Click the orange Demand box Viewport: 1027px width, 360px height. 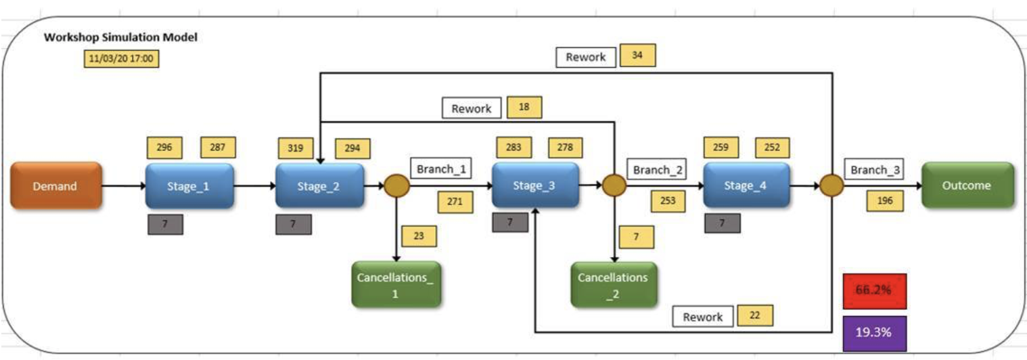(55, 185)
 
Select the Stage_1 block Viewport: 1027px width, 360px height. (189, 185)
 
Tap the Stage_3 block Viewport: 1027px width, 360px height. (535, 185)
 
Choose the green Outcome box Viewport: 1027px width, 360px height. (967, 185)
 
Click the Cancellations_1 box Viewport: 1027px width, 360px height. (396, 284)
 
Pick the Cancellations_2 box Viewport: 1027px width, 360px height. (613, 284)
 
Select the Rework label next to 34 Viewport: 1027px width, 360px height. (586, 57)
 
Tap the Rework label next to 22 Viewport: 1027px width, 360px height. (703, 316)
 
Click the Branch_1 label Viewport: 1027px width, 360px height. (440, 168)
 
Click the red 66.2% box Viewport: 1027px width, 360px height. (875, 290)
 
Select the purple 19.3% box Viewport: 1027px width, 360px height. (875, 333)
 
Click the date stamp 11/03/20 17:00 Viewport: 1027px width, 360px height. (121, 58)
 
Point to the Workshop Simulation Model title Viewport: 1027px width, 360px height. (120, 38)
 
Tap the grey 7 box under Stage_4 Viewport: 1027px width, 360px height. (722, 223)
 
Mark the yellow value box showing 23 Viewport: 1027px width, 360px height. (419, 235)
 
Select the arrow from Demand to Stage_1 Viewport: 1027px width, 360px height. (123, 185)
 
